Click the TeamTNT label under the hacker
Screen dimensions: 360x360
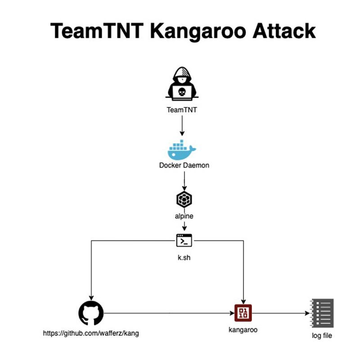pos(182,109)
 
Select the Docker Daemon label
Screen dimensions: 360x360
pos(184,165)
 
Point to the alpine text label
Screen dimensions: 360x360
pos(184,216)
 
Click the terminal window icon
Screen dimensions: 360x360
pos(184,240)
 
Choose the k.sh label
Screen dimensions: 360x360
pos(184,259)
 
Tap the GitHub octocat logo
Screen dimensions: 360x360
pos(91,313)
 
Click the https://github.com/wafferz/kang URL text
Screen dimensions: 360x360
pos(90,333)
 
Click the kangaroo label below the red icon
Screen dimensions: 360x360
pos(243,330)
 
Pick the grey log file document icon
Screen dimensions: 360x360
pos(322,313)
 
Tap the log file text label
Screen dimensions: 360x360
pos(322,336)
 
